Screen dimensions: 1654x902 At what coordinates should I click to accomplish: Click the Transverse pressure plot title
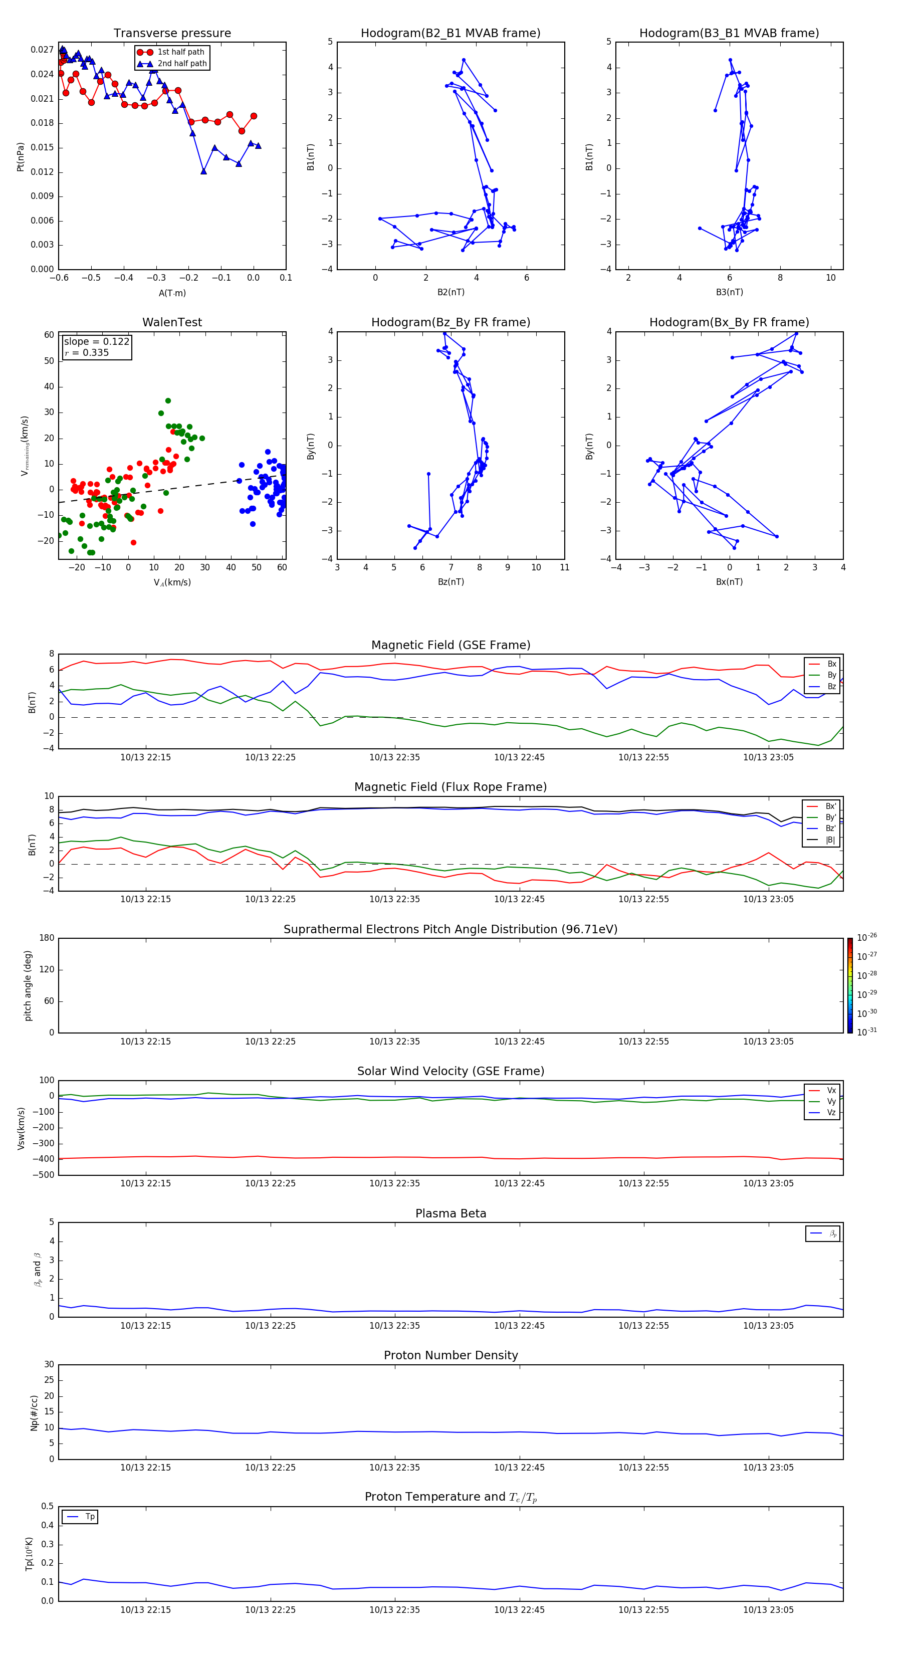click(172, 34)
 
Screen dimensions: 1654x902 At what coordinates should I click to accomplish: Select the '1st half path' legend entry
click(180, 52)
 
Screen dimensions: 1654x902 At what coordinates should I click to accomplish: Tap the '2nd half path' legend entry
click(182, 64)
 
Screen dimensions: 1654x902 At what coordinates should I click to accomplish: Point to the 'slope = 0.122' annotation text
click(96, 342)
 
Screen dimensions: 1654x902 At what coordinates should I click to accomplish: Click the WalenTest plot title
click(172, 322)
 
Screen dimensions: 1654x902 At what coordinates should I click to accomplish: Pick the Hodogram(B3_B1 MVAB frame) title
click(729, 34)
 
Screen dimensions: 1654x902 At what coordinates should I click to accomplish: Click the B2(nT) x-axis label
click(450, 292)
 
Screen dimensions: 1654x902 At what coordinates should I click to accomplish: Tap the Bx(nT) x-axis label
click(729, 582)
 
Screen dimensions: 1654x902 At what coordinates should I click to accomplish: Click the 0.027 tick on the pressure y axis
click(43, 50)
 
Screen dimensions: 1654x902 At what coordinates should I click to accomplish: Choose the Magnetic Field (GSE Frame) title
click(450, 645)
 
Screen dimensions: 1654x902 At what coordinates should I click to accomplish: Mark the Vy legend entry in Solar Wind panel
click(831, 1101)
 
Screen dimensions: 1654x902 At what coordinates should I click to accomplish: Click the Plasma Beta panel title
click(450, 1213)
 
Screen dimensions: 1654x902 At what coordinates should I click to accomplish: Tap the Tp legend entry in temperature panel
click(90, 1517)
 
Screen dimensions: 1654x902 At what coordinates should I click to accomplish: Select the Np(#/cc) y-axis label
click(35, 1412)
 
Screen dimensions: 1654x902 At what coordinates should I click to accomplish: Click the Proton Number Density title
click(450, 1355)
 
